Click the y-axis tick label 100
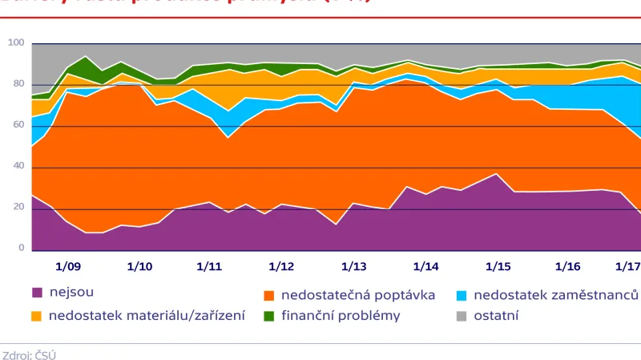point(16,42)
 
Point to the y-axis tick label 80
point(18,84)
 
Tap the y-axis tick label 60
point(18,125)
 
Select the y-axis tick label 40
point(18,167)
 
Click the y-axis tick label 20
point(18,208)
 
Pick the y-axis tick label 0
point(22,249)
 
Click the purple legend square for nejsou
point(37,293)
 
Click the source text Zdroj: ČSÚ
point(30,354)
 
